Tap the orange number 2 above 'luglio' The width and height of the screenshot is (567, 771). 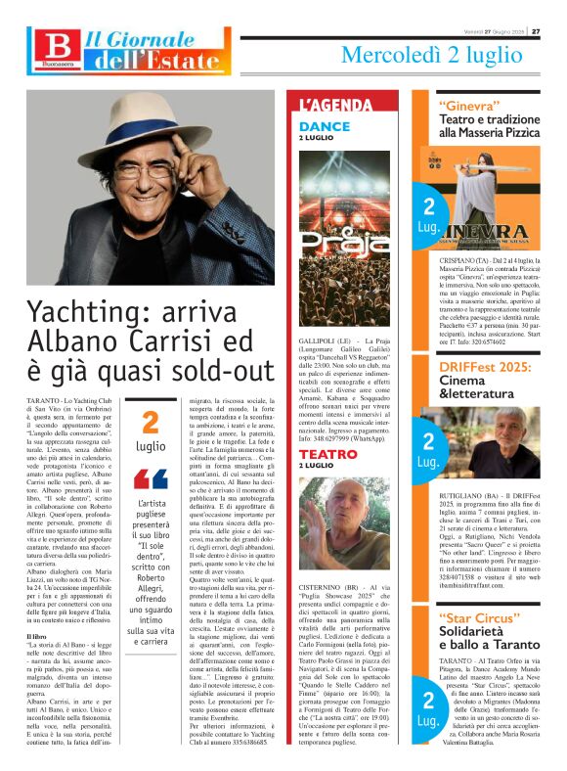[151, 423]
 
